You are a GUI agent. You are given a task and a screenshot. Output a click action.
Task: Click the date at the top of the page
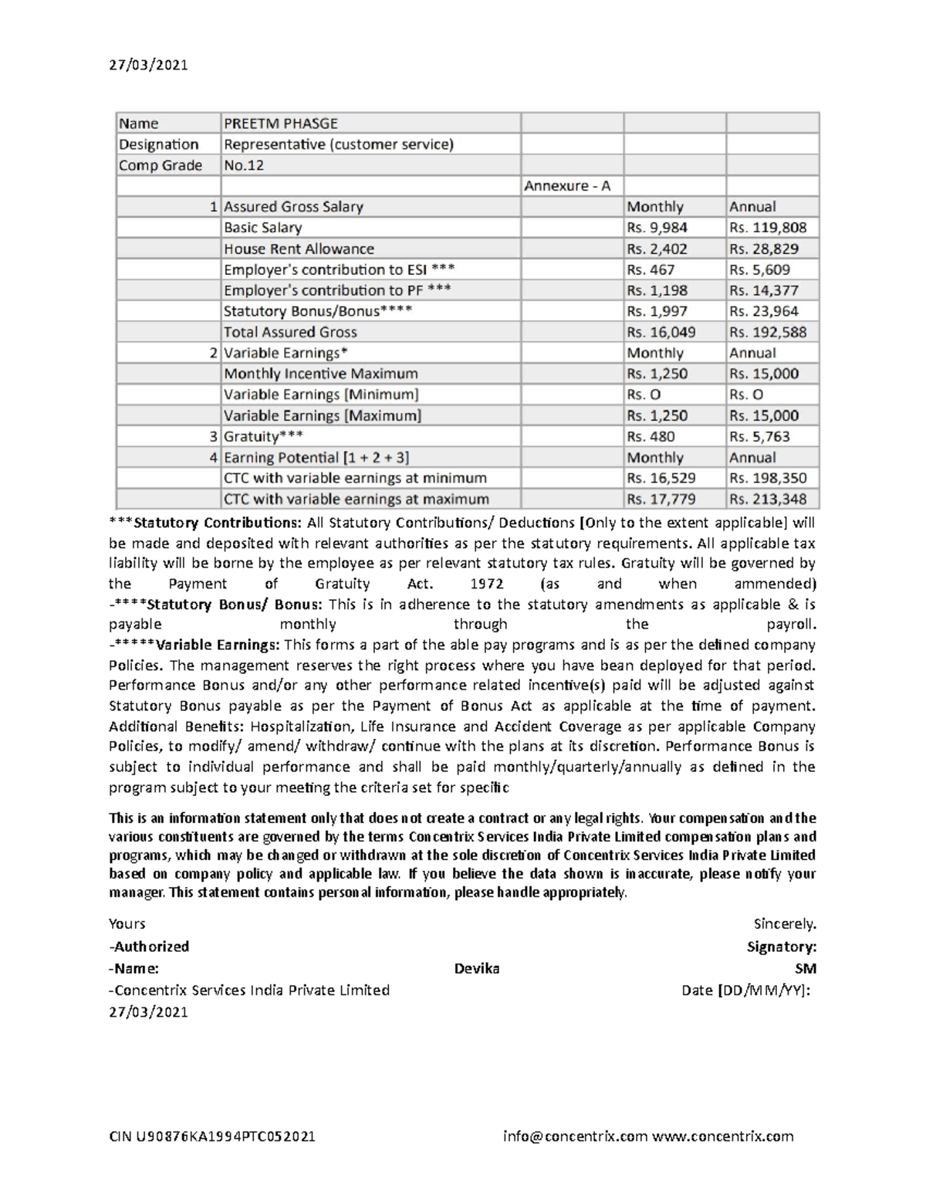[x=148, y=65]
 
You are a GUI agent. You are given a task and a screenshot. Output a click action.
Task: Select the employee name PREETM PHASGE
[x=280, y=124]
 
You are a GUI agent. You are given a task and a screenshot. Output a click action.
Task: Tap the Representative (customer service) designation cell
[x=338, y=144]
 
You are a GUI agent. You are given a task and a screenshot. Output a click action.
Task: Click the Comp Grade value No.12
[x=243, y=165]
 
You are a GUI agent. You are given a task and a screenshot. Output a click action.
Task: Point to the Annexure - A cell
[x=567, y=186]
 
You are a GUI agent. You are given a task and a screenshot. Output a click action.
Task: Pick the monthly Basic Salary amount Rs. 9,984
[x=657, y=228]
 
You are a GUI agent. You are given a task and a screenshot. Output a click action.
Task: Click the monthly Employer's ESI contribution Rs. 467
[x=651, y=269]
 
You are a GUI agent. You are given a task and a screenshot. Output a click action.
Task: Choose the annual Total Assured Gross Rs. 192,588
[x=767, y=332]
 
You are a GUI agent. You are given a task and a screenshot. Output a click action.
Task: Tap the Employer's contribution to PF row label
[x=337, y=290]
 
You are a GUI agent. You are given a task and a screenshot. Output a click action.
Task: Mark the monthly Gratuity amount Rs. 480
[x=651, y=436]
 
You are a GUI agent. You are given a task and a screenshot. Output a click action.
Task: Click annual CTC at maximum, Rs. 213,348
[x=767, y=499]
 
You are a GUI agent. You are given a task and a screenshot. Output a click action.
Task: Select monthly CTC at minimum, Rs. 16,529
[x=661, y=478]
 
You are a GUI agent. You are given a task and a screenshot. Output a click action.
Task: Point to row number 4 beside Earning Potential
[x=214, y=457]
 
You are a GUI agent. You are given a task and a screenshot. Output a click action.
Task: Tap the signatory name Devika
[x=477, y=968]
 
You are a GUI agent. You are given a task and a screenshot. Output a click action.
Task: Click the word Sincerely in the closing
[x=784, y=924]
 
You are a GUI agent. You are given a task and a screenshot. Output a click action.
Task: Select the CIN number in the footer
[x=212, y=1136]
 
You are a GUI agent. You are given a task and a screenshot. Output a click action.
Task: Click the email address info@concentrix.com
[x=575, y=1136]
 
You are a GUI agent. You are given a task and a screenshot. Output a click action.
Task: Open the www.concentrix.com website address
[x=722, y=1136]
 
